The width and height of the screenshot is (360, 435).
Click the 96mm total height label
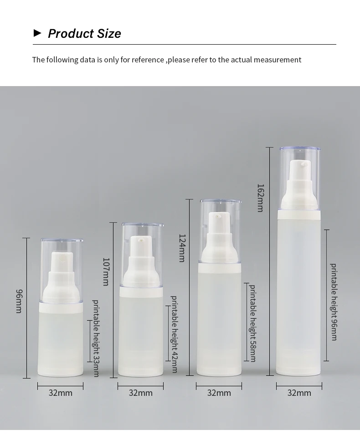click(19, 301)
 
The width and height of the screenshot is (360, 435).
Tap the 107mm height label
click(106, 271)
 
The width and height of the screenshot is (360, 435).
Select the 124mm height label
click(182, 248)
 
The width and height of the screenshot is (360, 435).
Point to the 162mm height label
click(260, 198)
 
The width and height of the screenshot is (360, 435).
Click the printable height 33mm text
click(96, 338)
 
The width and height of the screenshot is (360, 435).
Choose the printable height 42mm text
click(174, 334)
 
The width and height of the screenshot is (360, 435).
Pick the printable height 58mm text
click(252, 323)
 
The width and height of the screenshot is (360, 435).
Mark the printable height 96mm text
click(334, 302)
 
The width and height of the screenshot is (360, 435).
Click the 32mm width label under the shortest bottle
click(60, 393)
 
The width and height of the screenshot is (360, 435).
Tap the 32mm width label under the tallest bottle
click(299, 393)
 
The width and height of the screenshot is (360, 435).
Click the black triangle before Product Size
click(37, 33)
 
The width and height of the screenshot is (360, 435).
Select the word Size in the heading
click(108, 34)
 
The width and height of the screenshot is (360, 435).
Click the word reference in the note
click(148, 60)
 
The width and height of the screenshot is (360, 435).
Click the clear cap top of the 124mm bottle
click(221, 201)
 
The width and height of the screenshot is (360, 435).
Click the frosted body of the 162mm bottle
click(299, 292)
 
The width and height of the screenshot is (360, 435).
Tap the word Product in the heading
click(70, 34)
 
